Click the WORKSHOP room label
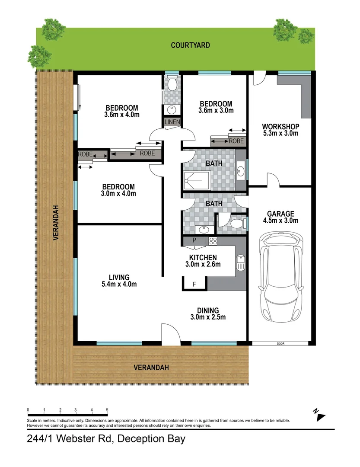280,127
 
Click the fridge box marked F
194,284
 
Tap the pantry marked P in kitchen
194,240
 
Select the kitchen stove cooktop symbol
213,240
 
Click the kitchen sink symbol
241,262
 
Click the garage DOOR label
280,344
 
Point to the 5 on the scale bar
107,409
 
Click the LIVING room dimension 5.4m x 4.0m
119,284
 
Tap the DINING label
208,310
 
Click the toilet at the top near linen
172,83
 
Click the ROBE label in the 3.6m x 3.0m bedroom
236,141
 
